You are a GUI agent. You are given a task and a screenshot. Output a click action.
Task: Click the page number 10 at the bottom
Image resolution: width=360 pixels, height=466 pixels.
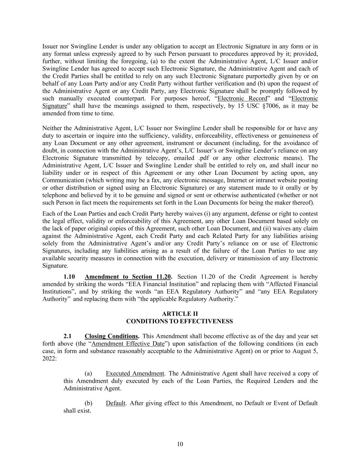(x=180, y=444)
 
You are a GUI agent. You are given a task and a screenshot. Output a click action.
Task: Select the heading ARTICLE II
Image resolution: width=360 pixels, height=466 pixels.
(x=180, y=314)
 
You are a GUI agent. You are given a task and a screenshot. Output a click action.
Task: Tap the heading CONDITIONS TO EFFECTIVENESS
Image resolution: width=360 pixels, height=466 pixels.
(x=179, y=321)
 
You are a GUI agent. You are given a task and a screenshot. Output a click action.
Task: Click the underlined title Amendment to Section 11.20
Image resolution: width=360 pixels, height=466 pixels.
(x=128, y=277)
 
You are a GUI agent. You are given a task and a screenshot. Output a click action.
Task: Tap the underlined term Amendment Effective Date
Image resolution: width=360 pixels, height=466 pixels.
(x=128, y=344)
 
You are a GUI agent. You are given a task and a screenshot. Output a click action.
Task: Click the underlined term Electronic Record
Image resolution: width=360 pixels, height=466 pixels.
(x=242, y=99)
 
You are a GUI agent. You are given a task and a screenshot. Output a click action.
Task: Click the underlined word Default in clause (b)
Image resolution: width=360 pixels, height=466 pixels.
(x=115, y=403)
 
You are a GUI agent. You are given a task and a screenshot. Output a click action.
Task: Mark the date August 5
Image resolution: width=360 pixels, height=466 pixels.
(x=305, y=351)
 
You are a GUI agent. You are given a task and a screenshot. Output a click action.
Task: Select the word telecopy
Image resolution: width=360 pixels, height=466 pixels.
(x=155, y=158)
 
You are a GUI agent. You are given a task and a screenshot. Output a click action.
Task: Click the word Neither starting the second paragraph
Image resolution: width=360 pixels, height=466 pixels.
(x=51, y=128)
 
